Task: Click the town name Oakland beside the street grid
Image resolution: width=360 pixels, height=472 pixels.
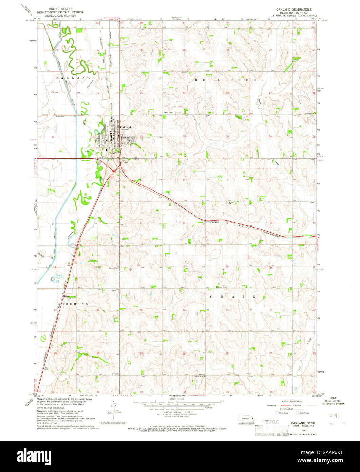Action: [125, 127]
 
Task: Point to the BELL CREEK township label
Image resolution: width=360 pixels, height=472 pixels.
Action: [229, 80]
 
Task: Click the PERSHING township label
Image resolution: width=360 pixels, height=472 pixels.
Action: [72, 304]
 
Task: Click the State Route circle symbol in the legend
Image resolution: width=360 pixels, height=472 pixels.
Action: [297, 413]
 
